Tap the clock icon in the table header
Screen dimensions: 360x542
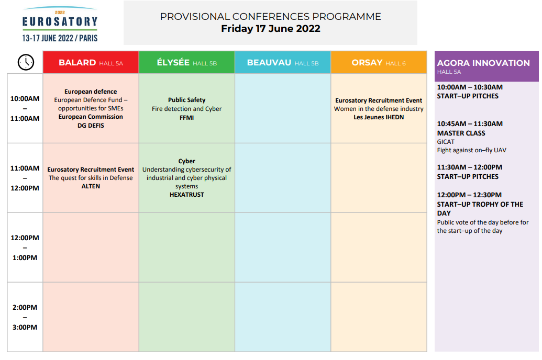26,62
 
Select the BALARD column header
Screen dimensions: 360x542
91,63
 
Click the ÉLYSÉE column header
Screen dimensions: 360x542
186,63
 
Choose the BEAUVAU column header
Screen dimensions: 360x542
283,63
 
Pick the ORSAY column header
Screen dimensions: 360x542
379,63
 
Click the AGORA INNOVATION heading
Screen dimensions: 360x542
483,63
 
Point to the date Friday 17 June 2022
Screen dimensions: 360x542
270,29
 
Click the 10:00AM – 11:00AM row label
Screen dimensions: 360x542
25,108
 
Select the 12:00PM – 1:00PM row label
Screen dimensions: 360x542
25,248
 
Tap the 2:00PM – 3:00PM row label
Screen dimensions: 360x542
25,317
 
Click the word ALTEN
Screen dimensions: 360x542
91,186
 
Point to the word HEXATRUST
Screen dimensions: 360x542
186,195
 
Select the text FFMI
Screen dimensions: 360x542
186,117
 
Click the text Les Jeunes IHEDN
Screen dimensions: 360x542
379,117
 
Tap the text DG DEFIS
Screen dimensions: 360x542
91,126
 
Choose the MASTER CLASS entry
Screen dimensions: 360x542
461,133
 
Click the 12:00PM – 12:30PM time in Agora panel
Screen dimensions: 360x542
469,195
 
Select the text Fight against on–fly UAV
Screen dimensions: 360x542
471,150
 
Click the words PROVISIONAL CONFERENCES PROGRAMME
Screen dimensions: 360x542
270,16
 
